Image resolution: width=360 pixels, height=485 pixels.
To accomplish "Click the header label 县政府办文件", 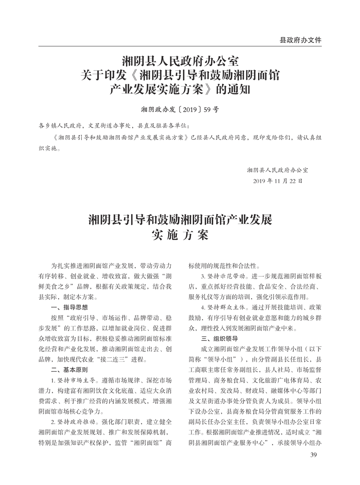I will pyautogui.click(x=300, y=40).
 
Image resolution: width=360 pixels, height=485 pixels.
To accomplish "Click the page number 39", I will pyautogui.click(x=314, y=455).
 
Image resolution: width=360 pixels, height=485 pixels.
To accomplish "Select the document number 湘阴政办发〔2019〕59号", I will pyautogui.click(x=180, y=108).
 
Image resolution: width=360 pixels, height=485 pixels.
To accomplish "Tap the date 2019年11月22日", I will pyautogui.click(x=277, y=181).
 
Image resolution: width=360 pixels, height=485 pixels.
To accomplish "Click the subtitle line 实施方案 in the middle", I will pyautogui.click(x=180, y=235).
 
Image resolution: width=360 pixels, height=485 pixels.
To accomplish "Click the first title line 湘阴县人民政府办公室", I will pyautogui.click(x=180, y=59).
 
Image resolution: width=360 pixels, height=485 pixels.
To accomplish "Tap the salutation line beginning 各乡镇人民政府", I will pyautogui.click(x=114, y=126).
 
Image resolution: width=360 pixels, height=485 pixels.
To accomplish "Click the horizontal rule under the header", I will pyautogui.click(x=180, y=46).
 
